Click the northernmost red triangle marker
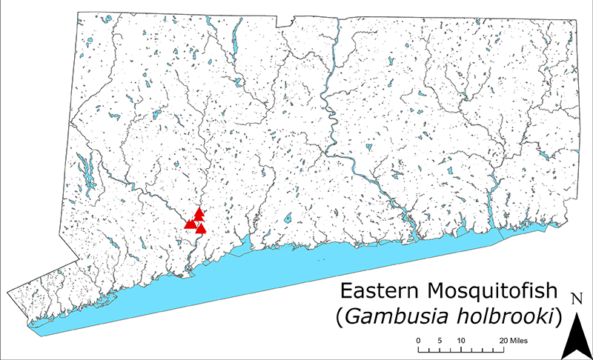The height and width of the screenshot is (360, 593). [199, 213]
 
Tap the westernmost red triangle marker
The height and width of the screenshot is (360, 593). [189, 223]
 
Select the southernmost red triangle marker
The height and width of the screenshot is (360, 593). [200, 228]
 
